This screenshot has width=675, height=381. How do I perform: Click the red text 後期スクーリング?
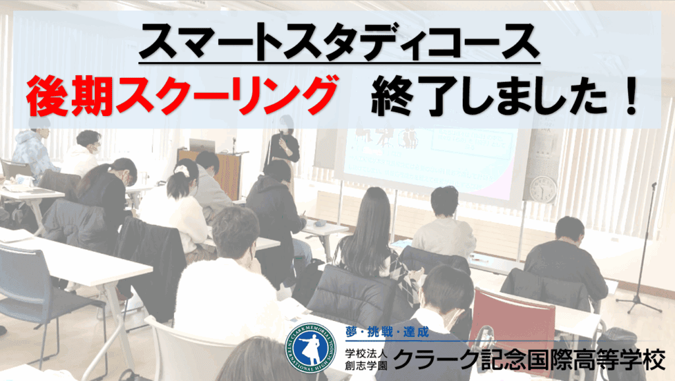181,96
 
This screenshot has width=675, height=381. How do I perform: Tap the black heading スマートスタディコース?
339,42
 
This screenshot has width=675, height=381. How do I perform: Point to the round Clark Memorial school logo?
311,349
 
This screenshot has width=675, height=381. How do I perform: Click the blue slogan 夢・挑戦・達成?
386,332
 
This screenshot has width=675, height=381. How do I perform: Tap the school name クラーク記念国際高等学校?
529,359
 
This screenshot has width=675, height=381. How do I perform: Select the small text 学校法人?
366,355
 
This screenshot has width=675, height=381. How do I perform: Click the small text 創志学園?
366,365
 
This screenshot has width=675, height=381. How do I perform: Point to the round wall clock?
543,189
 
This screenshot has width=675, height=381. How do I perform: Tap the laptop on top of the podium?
202,145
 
